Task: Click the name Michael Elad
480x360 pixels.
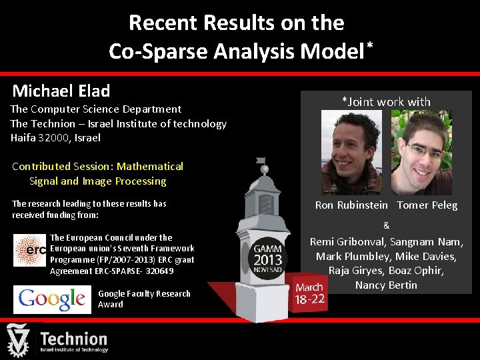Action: click(61, 91)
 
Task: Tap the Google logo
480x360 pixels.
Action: click(52, 299)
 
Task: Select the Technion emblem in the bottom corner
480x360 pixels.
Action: click(20, 340)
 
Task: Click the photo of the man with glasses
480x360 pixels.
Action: click(421, 153)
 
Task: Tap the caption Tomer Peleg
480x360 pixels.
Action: click(427, 205)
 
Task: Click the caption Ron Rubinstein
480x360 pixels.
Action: click(351, 205)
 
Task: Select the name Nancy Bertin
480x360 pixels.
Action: click(386, 285)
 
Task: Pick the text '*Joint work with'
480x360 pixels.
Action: click(386, 102)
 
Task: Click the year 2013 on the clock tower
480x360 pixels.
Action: click(268, 259)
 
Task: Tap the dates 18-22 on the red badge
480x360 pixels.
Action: click(310, 299)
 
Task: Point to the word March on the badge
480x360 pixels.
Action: click(309, 287)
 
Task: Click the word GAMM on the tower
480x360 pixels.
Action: click(268, 247)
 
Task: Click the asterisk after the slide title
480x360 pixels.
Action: click(369, 45)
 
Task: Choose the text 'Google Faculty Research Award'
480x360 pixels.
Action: click(144, 299)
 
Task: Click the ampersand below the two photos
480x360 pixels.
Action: click(387, 226)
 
